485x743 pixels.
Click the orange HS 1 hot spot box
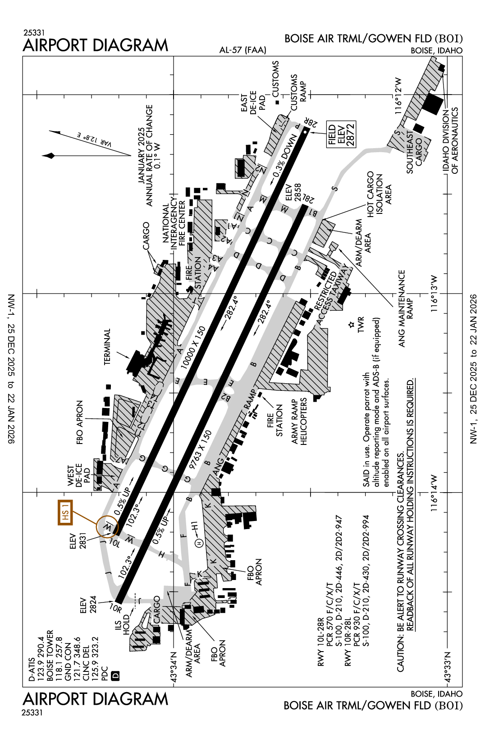pyautogui.click(x=65, y=512)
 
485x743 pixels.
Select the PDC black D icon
pyautogui.click(x=115, y=675)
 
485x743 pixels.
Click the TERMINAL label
pyautogui.click(x=107, y=347)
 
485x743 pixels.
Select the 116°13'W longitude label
pyautogui.click(x=434, y=294)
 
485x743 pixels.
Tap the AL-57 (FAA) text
pyautogui.click(x=242, y=50)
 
